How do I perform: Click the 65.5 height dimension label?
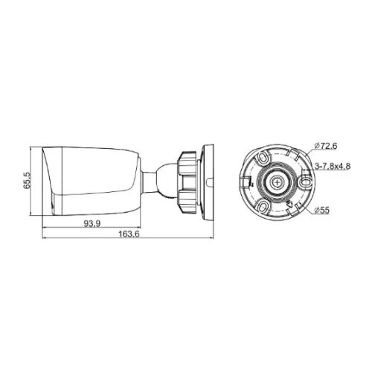pyautogui.click(x=27, y=181)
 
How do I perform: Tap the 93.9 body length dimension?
pyautogui.click(x=92, y=224)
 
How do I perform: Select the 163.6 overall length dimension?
pyautogui.click(x=129, y=234)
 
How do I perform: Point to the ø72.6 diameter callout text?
pyautogui.click(x=325, y=146)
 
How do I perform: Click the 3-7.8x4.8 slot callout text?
pyautogui.click(x=333, y=166)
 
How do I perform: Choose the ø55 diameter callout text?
pyautogui.click(x=321, y=211)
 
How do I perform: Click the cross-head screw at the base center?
pyautogui.click(x=277, y=182)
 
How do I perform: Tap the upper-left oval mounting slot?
pyautogui.click(x=263, y=157)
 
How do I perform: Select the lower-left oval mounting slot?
pyautogui.click(x=263, y=206)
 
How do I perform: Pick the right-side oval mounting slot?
pyautogui.click(x=305, y=182)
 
